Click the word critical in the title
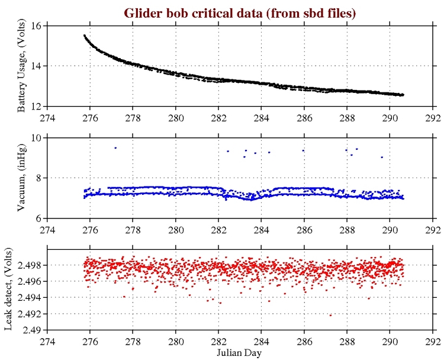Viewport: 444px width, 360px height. (x=211, y=12)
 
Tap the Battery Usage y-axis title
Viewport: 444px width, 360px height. (x=21, y=66)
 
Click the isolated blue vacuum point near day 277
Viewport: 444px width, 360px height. (x=115, y=147)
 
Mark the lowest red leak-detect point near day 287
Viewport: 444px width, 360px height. (x=330, y=315)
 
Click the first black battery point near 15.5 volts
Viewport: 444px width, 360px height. (x=84, y=36)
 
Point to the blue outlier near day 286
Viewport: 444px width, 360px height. (x=303, y=150)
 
